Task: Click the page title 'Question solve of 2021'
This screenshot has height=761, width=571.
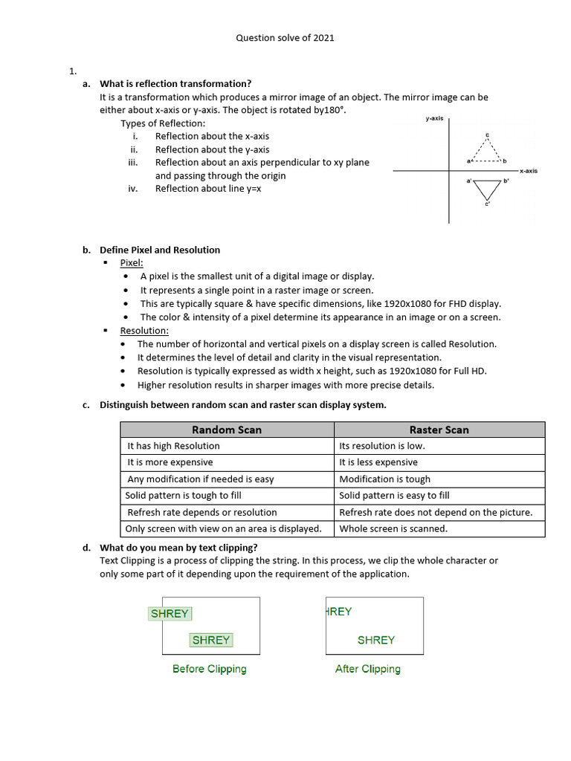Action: pos(285,37)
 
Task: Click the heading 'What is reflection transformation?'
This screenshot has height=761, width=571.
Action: pos(175,83)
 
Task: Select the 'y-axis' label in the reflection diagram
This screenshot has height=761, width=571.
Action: pos(434,118)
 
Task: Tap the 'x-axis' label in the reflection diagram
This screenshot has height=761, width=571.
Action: pos(528,171)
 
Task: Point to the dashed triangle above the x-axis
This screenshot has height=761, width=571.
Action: pos(487,151)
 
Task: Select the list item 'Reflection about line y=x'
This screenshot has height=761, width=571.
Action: pos(208,189)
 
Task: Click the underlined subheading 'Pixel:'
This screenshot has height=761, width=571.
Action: pos(132,263)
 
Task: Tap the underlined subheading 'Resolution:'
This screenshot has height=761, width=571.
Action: pos(144,331)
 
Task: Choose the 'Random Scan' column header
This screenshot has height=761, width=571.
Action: pos(227,430)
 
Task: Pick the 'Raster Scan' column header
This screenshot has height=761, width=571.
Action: pos(439,430)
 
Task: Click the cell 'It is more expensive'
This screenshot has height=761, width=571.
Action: pos(170,462)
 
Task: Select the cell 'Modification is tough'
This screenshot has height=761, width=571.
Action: pos(384,479)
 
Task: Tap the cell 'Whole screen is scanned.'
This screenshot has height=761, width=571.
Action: pos(393,529)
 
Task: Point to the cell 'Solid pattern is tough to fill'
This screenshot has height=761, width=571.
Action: pos(183,496)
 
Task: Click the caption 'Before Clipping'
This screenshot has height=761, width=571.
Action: pos(209,669)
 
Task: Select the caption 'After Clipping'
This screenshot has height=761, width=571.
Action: pos(367,669)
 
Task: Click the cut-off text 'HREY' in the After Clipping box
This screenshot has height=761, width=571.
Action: pos(339,612)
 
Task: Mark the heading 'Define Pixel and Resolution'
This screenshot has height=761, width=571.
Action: pos(160,250)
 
